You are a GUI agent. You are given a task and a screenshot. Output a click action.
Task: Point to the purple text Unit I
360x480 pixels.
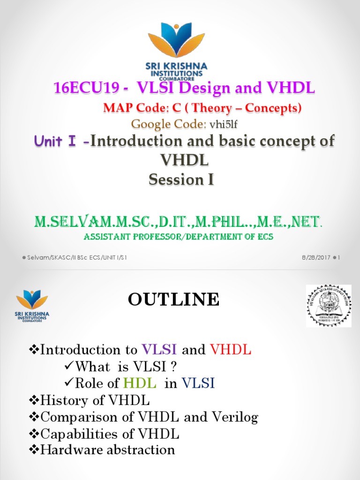[59, 142]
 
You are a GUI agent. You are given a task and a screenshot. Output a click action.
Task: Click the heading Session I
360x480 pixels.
[181, 180]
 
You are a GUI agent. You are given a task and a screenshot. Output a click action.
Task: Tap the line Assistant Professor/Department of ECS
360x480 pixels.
[178, 237]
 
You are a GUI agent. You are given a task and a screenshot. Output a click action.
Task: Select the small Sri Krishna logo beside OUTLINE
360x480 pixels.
[32, 305]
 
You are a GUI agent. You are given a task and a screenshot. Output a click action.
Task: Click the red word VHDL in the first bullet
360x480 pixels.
[231, 350]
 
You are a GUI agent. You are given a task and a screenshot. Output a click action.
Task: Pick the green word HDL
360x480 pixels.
[139, 383]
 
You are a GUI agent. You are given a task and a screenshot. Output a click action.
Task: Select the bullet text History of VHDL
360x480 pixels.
[95, 400]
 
